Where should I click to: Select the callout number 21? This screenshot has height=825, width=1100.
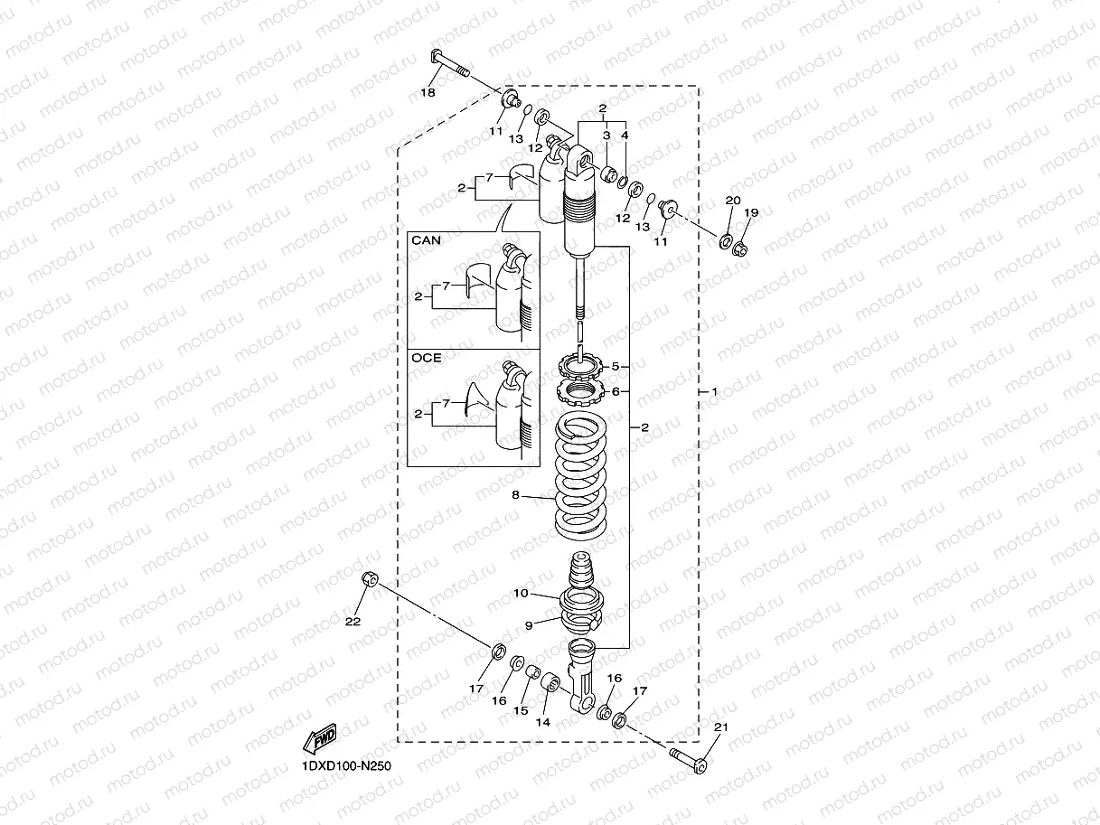(720, 727)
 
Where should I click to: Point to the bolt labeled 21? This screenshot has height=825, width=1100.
(689, 760)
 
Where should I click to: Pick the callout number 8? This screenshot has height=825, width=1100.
(515, 494)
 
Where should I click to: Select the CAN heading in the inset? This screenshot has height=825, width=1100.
(426, 241)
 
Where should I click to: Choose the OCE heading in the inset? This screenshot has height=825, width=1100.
(427, 358)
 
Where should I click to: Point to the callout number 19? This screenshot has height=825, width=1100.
(751, 212)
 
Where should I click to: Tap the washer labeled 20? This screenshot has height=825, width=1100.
(726, 241)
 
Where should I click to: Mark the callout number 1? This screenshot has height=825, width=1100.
(713, 392)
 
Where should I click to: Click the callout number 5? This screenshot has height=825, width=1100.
(615, 367)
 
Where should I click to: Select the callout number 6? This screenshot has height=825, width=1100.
(615, 391)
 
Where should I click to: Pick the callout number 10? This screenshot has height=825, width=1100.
(521, 594)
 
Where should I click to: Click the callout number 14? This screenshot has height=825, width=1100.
(542, 722)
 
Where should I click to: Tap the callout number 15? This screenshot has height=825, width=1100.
(521, 711)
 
